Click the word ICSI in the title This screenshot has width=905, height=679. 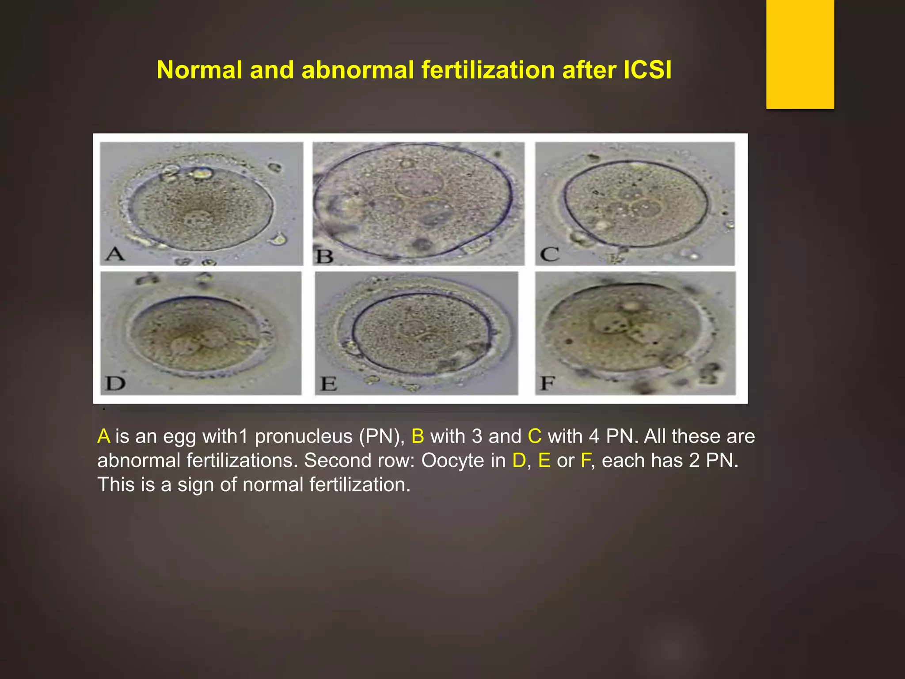647,70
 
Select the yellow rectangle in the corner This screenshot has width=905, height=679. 800,54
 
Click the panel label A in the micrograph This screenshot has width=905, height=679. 115,254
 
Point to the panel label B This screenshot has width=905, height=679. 325,256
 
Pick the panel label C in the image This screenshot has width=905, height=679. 550,254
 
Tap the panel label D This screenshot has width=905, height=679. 116,383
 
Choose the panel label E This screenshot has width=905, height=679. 329,384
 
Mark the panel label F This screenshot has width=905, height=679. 548,383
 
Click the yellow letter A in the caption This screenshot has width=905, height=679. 104,437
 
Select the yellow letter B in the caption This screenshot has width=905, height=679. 418,437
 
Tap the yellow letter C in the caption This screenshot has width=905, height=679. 534,437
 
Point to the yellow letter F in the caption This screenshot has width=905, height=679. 586,461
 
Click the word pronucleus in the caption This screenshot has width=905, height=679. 303,437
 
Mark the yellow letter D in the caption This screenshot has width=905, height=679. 519,461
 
